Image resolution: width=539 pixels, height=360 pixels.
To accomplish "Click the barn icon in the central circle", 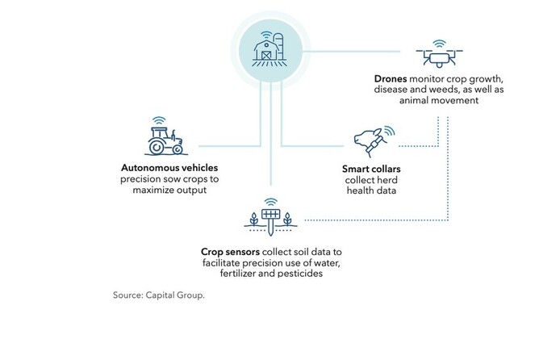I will click(265, 51).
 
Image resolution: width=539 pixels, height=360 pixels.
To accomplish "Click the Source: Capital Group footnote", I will click(159, 296).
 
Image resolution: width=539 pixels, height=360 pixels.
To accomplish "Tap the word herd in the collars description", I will click(385, 182).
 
